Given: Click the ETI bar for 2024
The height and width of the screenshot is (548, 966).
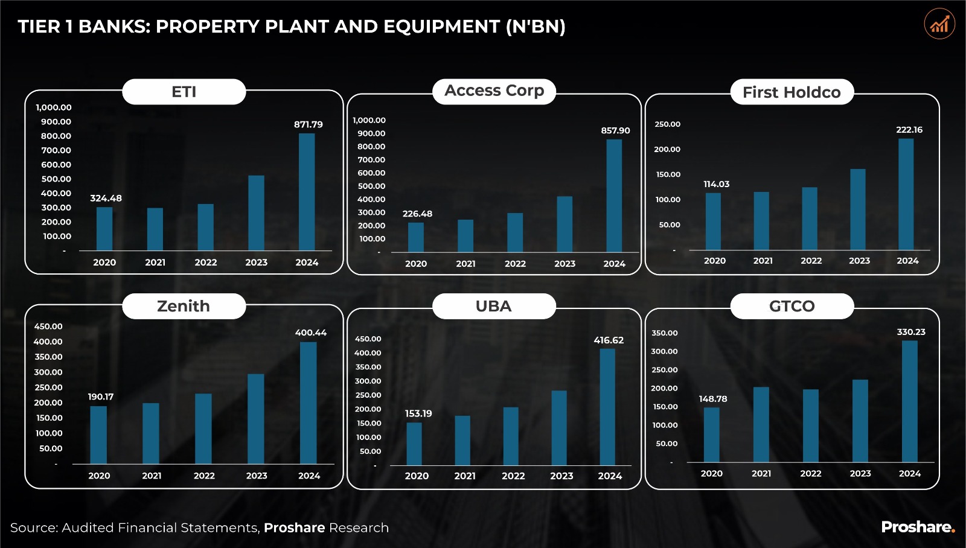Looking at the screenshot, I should (x=307, y=192).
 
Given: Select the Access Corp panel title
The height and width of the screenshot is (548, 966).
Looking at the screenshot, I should (x=494, y=91).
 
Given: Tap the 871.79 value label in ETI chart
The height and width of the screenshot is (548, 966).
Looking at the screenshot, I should (x=309, y=124).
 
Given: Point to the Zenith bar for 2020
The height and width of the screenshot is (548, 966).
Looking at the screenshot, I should (x=98, y=435).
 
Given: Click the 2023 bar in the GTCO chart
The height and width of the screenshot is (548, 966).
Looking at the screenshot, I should (x=860, y=421).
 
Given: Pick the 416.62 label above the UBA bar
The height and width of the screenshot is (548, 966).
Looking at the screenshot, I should (x=609, y=340).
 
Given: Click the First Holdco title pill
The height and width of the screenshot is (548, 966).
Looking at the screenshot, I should (x=792, y=92).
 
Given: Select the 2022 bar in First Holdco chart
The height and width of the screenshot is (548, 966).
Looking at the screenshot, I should (x=810, y=218).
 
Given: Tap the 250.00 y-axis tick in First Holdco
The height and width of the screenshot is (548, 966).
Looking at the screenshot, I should (x=667, y=124).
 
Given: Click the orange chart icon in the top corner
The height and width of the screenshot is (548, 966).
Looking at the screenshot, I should (x=939, y=24).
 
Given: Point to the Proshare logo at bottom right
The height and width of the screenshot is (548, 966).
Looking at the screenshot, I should (x=918, y=527).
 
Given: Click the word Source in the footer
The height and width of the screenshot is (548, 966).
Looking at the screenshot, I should (x=33, y=527).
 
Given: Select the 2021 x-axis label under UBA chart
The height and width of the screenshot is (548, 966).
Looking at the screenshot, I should (x=465, y=476).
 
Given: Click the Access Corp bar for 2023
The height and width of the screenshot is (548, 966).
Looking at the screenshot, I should (x=565, y=224).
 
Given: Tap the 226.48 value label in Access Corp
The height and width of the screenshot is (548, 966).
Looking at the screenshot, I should (x=417, y=214).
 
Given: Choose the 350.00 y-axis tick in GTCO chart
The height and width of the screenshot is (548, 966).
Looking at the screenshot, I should (x=664, y=333).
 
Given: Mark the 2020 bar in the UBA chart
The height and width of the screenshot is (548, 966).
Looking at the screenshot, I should (x=414, y=444).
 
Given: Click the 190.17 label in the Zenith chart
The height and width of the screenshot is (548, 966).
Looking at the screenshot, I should (x=101, y=397).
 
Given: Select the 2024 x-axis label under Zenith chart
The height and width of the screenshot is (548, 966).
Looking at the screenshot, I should (x=309, y=476).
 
